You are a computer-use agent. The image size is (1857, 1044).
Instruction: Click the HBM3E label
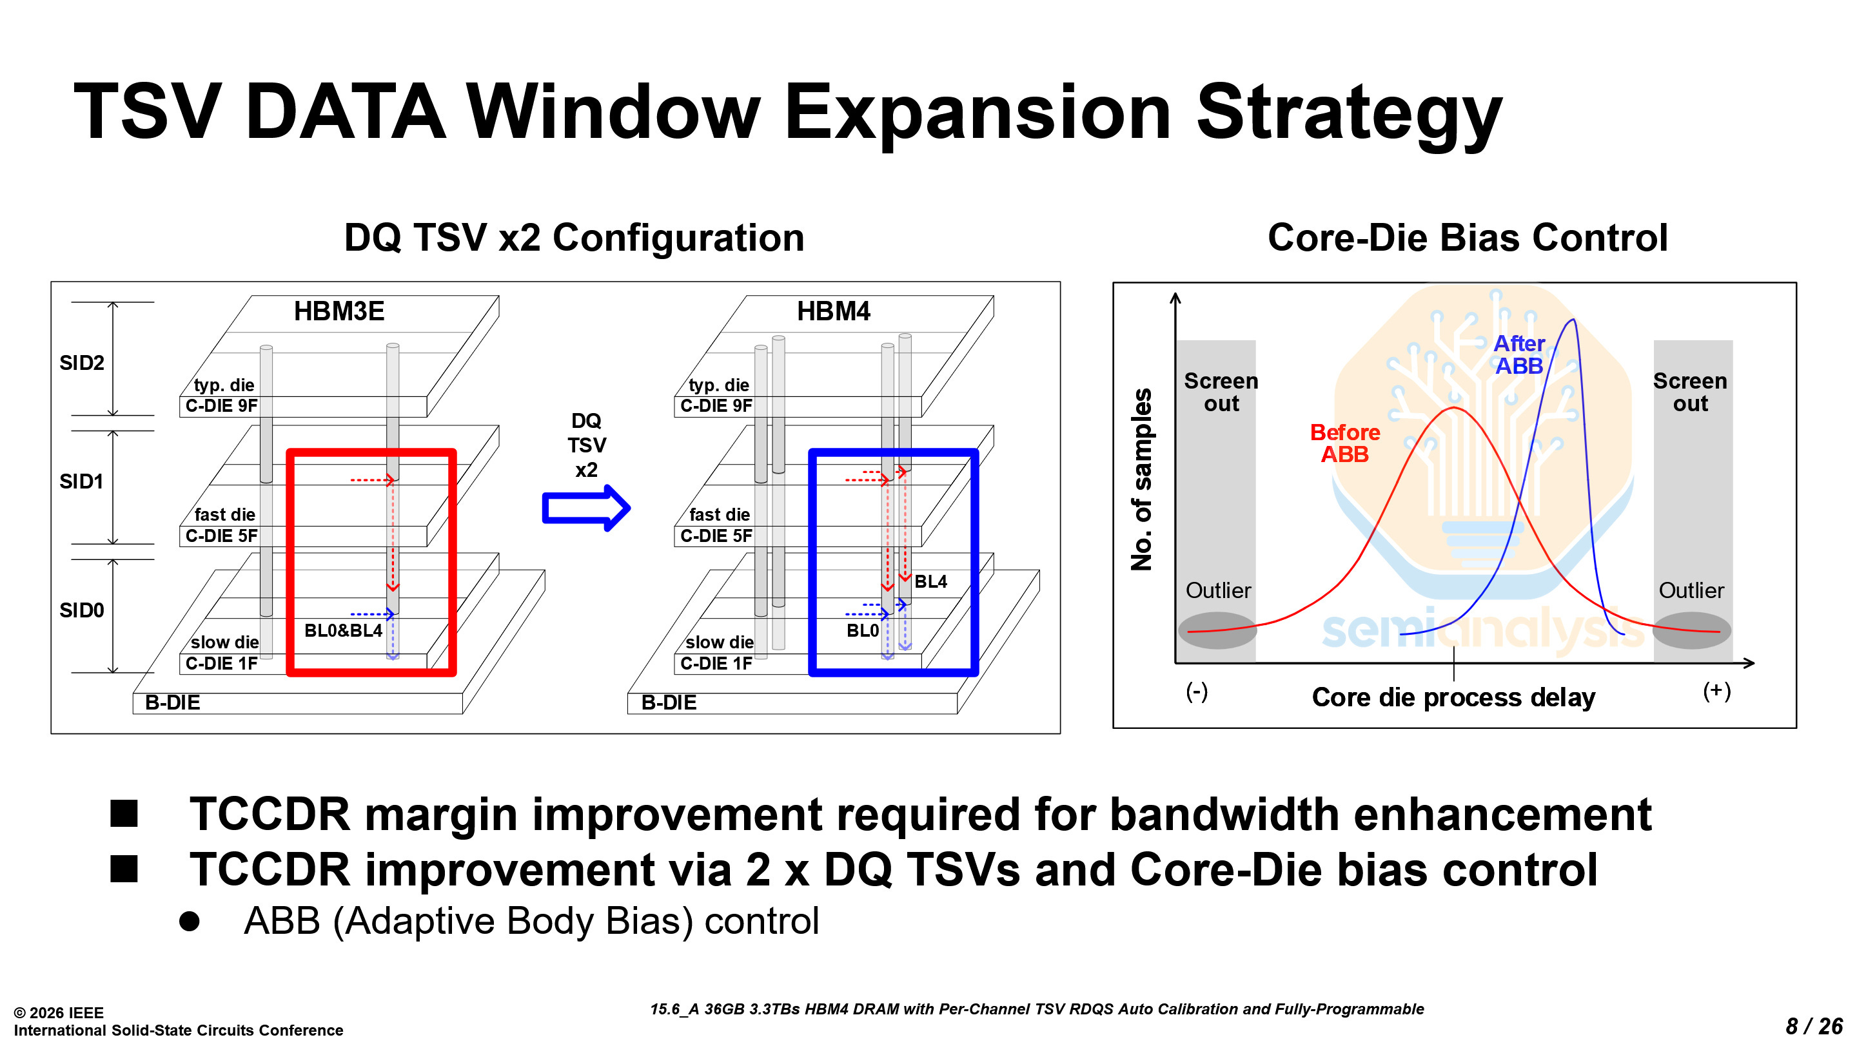[339, 311]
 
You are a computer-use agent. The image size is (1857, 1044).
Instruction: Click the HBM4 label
[833, 311]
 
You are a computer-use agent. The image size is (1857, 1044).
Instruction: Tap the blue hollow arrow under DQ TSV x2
[586, 508]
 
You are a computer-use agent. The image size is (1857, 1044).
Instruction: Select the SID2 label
[81, 362]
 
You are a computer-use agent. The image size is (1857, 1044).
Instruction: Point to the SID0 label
[81, 610]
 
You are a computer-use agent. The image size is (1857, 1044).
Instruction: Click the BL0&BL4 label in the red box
[343, 630]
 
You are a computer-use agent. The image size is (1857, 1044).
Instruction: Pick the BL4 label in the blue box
[930, 581]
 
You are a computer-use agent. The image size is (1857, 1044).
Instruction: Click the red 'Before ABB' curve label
[1344, 443]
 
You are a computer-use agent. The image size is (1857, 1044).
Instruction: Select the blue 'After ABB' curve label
[1519, 354]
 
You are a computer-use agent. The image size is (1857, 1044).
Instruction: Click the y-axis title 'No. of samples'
[1141, 479]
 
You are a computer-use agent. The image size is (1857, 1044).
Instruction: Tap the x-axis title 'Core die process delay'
[1453, 697]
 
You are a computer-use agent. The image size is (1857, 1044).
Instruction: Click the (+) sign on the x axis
[1716, 691]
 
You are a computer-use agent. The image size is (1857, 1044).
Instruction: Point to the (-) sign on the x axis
[1197, 691]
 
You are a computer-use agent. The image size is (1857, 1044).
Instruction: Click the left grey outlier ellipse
[1217, 630]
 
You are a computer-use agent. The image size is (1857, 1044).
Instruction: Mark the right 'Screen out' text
[1690, 392]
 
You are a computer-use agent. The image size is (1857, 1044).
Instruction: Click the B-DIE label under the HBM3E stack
[172, 702]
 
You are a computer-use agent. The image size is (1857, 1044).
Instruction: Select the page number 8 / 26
[1814, 1025]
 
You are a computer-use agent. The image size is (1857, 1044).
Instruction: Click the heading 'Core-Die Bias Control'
[1467, 238]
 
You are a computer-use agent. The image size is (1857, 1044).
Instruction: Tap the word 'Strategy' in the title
[1349, 112]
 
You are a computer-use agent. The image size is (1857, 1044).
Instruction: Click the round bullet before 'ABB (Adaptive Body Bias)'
[190, 922]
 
